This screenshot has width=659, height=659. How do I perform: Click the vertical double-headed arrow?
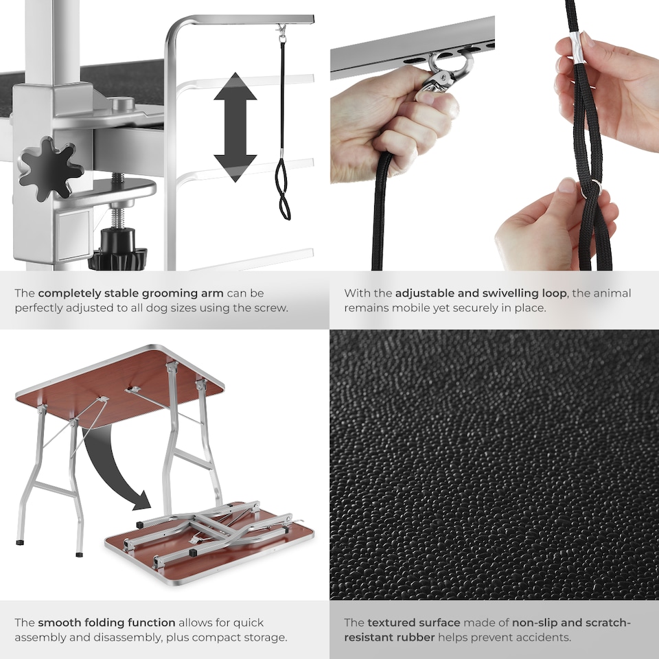click(x=235, y=127)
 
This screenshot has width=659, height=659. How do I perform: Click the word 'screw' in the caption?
click(x=271, y=308)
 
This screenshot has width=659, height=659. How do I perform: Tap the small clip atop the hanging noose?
click(x=281, y=31)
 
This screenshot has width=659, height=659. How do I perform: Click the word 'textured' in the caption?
click(x=393, y=623)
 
